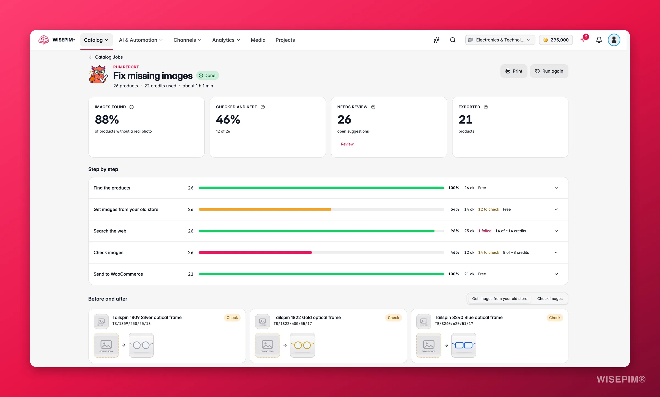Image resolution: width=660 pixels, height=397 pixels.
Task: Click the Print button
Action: [514, 71]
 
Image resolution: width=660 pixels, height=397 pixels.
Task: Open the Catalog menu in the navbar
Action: [96, 40]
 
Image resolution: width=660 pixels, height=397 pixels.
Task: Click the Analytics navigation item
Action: [226, 40]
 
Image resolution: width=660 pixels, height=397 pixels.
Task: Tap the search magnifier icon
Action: [453, 40]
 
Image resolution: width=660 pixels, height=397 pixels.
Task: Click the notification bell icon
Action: [599, 40]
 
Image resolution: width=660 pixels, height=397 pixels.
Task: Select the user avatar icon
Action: [614, 40]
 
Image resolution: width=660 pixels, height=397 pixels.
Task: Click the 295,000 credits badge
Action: [556, 40]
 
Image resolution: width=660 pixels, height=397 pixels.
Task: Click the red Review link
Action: [347, 144]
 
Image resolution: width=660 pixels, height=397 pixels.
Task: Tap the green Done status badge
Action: [207, 76]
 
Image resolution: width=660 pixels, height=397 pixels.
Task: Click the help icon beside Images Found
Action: [131, 107]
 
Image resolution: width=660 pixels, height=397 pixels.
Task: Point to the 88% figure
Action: [107, 120]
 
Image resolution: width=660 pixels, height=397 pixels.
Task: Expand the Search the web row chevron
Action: [556, 231]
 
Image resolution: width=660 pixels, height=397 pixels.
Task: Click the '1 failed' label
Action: [485, 231]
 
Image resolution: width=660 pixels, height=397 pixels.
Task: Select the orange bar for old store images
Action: [265, 210]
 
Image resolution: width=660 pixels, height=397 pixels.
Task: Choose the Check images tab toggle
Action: [550, 299]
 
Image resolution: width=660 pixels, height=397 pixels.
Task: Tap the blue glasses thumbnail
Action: [463, 345]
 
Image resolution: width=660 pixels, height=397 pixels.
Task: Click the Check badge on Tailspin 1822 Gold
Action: [393, 318]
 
